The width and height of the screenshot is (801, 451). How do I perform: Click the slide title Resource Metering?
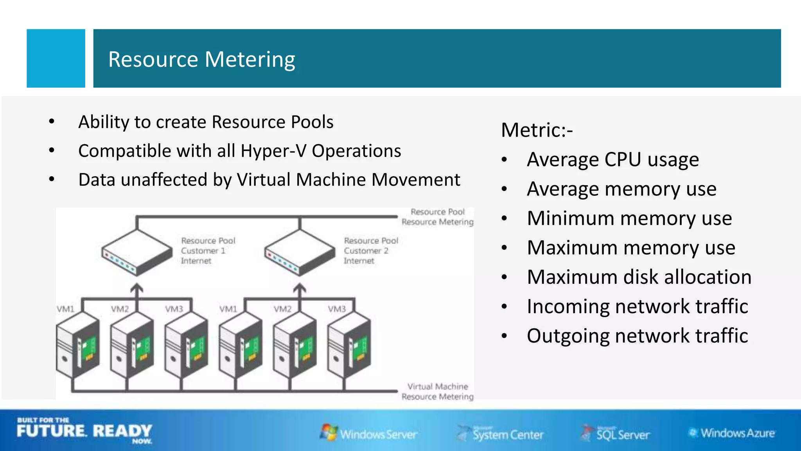coord(201,60)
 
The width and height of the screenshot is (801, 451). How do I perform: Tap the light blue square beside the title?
coord(56,58)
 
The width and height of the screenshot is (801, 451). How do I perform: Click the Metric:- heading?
coord(537,130)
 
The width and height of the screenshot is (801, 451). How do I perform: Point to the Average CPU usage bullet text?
coord(612,160)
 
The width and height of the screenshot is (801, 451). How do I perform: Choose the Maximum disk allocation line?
coord(639,277)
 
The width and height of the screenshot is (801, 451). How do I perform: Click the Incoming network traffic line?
coord(637,307)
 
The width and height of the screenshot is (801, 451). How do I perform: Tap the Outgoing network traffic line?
coord(637,336)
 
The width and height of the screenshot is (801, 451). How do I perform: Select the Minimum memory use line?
coord(629,218)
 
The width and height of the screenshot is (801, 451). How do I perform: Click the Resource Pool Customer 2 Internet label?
coord(370,251)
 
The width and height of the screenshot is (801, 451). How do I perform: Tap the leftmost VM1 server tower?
coord(77,346)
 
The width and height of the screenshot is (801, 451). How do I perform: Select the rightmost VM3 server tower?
coord(349,346)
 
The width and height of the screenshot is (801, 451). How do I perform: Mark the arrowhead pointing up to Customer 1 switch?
coord(137,289)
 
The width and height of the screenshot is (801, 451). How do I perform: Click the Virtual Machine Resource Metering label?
coord(437,391)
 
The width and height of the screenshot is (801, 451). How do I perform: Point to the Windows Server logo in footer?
coord(368,433)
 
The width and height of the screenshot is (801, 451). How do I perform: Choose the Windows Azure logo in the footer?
coord(732,433)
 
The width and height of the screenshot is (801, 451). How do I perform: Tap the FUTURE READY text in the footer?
coord(84,431)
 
